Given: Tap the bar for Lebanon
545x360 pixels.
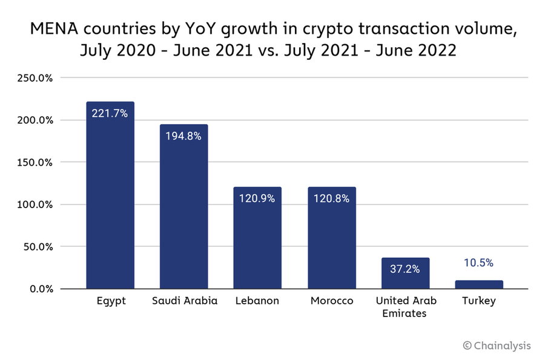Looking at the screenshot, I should coord(257,242).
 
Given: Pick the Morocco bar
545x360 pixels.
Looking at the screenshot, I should coord(332,242).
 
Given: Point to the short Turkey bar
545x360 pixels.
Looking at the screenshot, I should coord(479,284).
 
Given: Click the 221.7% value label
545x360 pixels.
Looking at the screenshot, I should coord(110,113).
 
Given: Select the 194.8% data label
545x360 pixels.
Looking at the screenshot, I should coord(183,136).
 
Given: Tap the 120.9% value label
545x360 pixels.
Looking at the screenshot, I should coord(257,198).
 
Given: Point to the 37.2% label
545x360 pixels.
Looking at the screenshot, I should coord(405,269).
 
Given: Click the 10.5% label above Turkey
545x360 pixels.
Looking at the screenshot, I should coord(479,263).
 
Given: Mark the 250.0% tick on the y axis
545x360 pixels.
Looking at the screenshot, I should coord(36,78).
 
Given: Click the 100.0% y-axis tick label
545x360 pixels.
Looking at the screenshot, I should coord(36,205).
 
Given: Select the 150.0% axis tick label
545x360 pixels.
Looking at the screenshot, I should coord(36,162).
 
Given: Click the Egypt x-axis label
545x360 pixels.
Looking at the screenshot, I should coord(111,301).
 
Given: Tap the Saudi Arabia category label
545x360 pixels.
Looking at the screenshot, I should coord(183,301).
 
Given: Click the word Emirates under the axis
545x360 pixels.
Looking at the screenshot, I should coord(405,313).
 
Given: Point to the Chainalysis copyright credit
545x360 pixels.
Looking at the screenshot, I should coord(497,345).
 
